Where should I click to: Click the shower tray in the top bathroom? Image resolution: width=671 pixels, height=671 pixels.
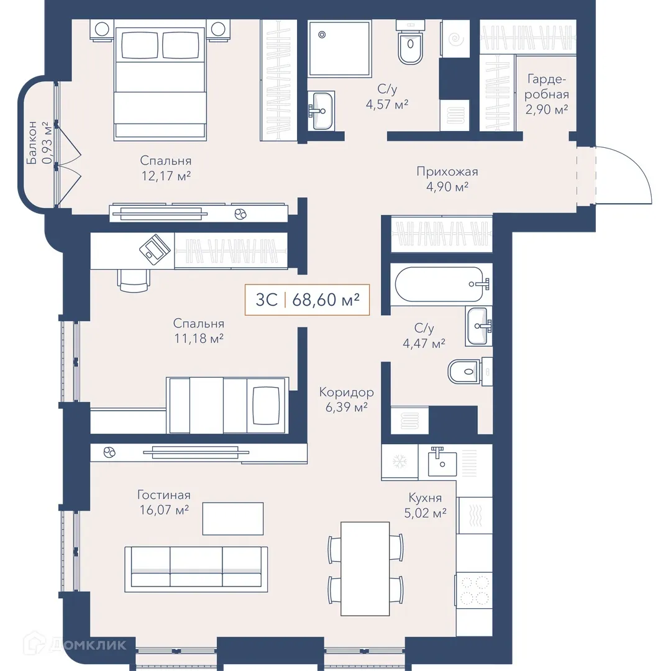[339, 48]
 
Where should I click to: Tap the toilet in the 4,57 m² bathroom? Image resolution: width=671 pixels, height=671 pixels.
[411, 42]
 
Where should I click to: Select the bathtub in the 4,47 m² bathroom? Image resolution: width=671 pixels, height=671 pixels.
[442, 284]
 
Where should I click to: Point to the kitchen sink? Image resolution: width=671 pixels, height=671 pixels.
[442, 461]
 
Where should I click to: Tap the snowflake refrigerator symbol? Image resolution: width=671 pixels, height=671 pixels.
[399, 461]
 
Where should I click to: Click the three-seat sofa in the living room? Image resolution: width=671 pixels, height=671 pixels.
[196, 569]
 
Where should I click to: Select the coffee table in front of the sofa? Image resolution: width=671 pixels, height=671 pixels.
[233, 519]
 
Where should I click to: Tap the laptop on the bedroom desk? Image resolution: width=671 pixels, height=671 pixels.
[155, 248]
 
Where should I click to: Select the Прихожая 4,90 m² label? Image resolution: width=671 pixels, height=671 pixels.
[447, 179]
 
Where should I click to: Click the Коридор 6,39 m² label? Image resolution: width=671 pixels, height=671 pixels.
[346, 399]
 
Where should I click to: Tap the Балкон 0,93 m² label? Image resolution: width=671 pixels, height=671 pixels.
[40, 142]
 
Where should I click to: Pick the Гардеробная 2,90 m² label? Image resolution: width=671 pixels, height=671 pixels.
[547, 94]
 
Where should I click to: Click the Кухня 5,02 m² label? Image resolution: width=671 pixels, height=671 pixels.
[426, 505]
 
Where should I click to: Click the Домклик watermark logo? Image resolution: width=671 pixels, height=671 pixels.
[75, 644]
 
